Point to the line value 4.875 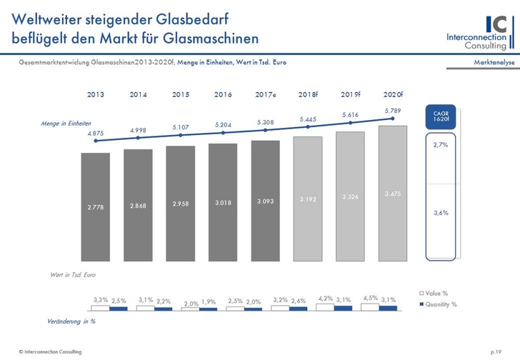coord(94,134)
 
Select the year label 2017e coord(266,94)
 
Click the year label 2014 coord(138,94)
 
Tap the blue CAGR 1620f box coord(441,116)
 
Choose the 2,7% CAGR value coord(441,144)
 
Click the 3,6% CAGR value coord(441,213)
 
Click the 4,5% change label coord(369,298)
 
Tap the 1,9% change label coord(208,302)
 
